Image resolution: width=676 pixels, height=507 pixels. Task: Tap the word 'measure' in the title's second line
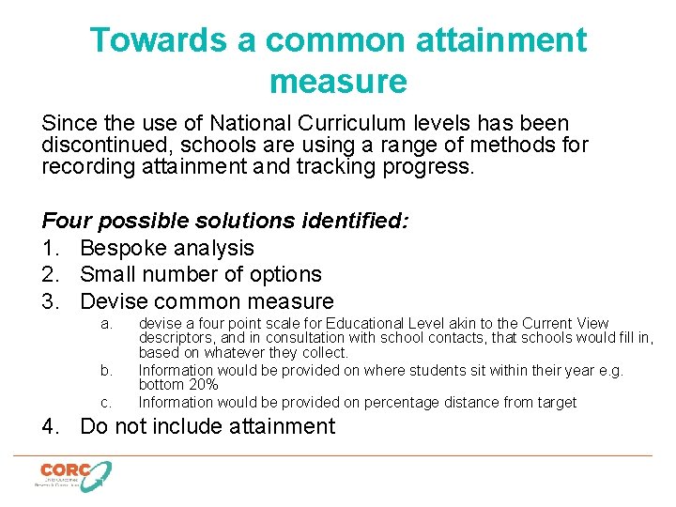pos(338,82)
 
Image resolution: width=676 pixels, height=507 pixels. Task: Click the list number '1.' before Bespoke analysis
pos(52,248)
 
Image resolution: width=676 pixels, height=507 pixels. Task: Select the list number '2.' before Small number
pos(52,274)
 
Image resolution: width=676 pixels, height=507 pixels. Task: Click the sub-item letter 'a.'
pos(106,324)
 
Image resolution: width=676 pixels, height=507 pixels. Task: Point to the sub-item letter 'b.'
pos(106,371)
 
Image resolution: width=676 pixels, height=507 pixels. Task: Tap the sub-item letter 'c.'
pos(106,403)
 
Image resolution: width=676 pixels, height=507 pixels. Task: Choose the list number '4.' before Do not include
pos(52,426)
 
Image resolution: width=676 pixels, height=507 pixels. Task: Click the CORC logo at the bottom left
pos(73,475)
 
